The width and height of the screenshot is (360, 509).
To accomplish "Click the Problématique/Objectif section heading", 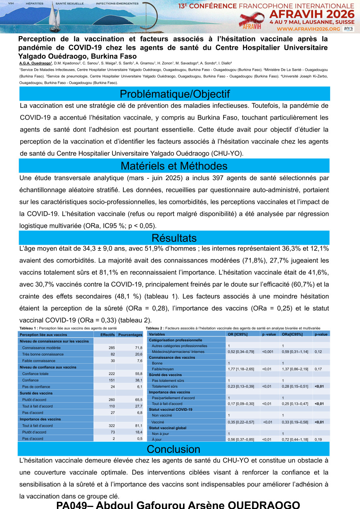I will click(175, 94).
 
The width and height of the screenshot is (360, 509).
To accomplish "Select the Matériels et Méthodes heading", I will click(174, 166).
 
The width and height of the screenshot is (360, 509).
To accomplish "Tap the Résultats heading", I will click(174, 238).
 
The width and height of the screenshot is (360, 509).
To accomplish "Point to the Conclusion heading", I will click(174, 449).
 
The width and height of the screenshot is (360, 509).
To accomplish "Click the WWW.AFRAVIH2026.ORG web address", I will click(314, 29).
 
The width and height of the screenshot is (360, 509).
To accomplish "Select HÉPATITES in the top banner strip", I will click(35, 3).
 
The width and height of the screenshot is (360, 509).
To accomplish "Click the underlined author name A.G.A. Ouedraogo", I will click(36, 63).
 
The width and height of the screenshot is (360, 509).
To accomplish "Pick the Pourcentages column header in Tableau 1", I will click(130, 335).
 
